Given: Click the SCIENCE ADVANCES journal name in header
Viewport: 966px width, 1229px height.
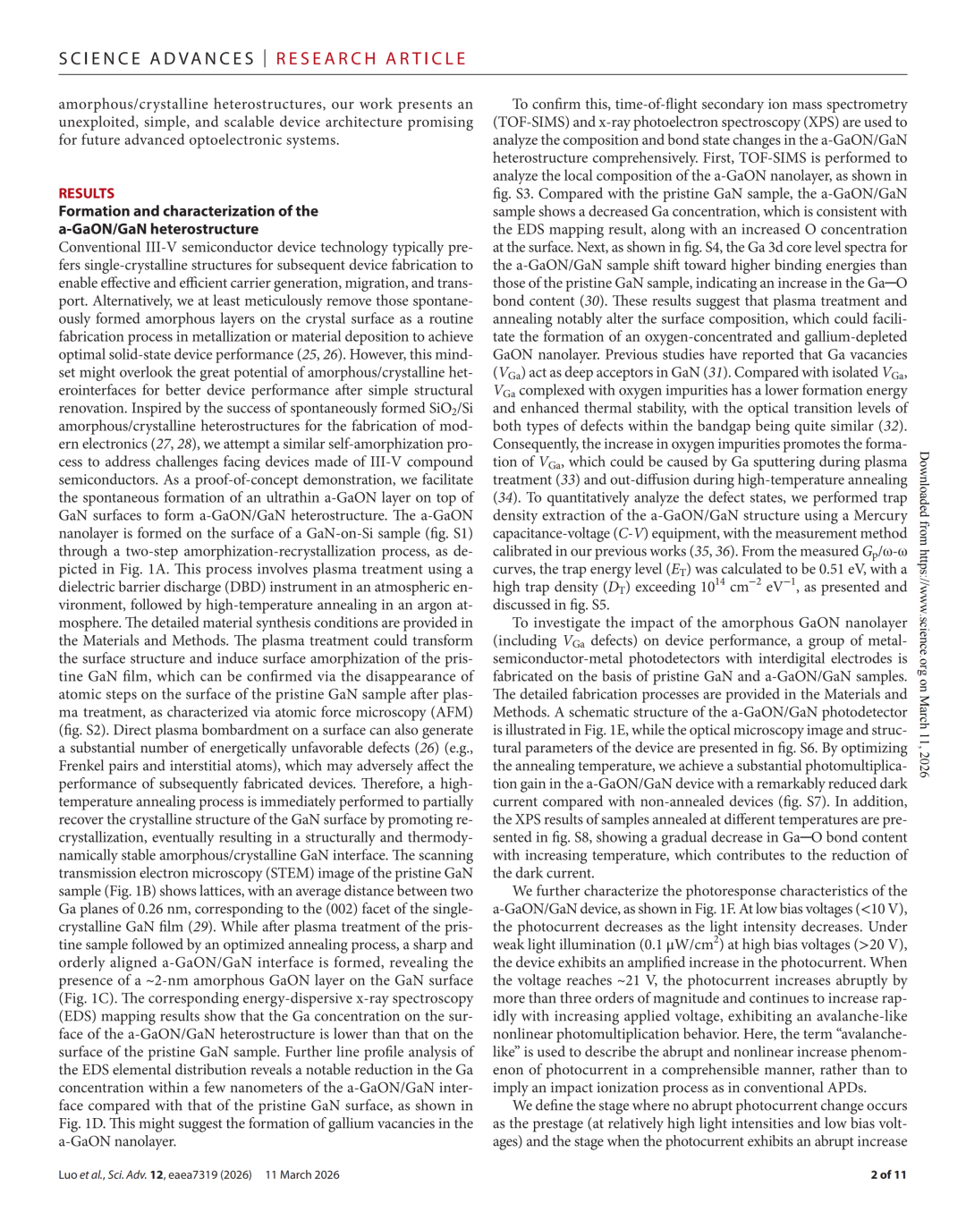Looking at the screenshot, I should [157, 59].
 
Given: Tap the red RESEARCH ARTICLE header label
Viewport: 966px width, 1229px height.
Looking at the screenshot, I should [371, 59].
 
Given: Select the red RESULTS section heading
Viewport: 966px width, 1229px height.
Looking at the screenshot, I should [87, 193].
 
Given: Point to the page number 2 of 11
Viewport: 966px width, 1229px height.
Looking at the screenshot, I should [888, 1174].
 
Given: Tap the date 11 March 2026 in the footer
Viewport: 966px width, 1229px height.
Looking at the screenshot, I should [302, 1174].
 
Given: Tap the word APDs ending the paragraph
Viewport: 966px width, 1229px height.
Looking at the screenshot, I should [846, 1088].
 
